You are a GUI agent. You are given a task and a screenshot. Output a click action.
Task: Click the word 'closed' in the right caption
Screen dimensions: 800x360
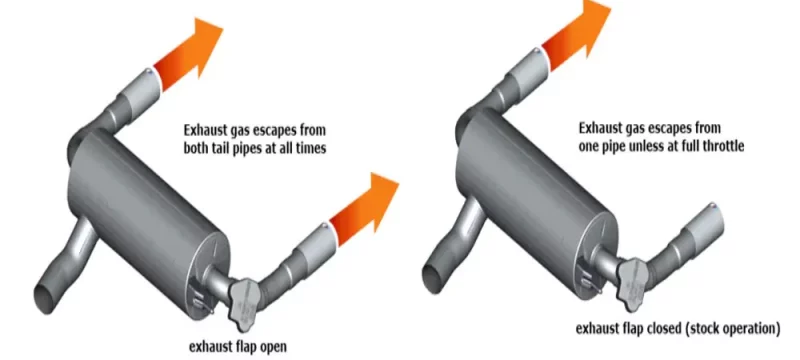(x=667, y=328)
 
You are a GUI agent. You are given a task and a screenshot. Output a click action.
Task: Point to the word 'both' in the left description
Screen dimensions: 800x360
(x=199, y=148)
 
